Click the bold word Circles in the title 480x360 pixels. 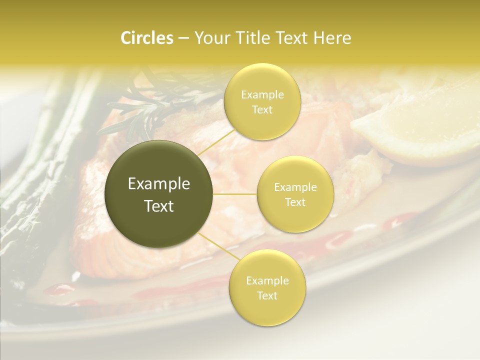147,38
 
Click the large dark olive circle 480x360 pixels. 159,194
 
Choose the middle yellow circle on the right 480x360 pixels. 295,194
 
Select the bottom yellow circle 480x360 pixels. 267,287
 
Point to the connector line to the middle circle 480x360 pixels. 235,194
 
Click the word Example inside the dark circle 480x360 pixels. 159,184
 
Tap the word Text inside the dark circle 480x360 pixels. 159,205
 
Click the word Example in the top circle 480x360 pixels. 262,95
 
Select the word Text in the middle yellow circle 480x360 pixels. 295,202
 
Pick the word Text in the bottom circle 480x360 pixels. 267,295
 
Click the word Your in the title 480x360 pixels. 209,38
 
